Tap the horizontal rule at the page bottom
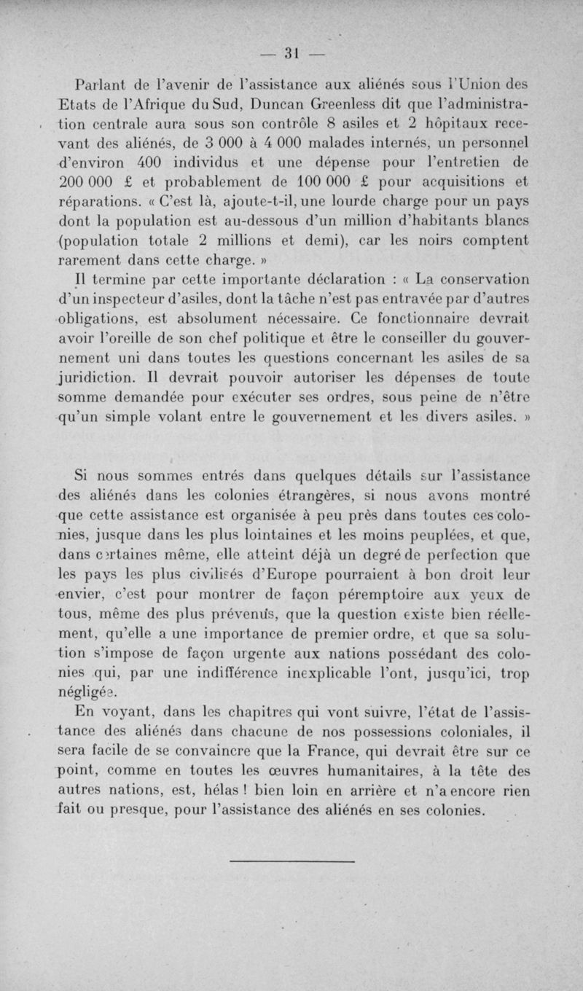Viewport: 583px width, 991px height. pyautogui.click(x=291, y=862)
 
